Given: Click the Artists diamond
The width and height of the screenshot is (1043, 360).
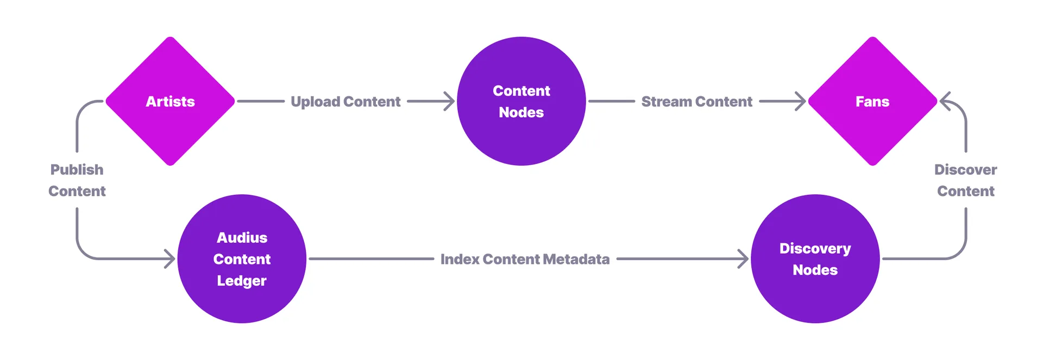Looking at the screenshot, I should (x=170, y=101).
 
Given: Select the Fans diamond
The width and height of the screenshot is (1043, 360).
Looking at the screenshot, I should (x=872, y=101).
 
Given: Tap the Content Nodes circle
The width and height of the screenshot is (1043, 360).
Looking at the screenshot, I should (x=521, y=101).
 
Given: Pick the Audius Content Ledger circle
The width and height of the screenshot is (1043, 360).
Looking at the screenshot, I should (x=242, y=258).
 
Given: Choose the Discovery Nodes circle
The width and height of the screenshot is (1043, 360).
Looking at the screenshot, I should (x=815, y=258).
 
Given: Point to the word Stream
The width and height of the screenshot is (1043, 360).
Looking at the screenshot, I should (x=666, y=102).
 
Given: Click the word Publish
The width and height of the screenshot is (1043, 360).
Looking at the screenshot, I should (x=77, y=169).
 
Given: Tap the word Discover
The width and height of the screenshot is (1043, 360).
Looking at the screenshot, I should (x=965, y=169).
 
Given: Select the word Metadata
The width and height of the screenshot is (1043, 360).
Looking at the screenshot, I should (x=576, y=259).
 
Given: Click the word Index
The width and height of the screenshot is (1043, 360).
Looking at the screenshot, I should (x=460, y=259).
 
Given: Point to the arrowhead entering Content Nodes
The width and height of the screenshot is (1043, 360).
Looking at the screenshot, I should (x=449, y=101).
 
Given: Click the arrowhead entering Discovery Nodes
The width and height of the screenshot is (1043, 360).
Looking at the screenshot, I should (x=743, y=258).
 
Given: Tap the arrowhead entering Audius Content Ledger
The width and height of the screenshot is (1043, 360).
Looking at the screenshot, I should (x=170, y=258).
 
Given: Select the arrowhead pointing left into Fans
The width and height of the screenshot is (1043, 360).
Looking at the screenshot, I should (x=945, y=101).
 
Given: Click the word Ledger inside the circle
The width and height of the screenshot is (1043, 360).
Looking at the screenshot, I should (x=242, y=281).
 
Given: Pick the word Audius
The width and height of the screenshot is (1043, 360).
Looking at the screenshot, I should (x=242, y=237).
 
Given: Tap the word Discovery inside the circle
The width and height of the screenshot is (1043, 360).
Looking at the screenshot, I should (x=815, y=248).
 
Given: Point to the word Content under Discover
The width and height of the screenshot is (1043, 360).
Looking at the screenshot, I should (x=965, y=191).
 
